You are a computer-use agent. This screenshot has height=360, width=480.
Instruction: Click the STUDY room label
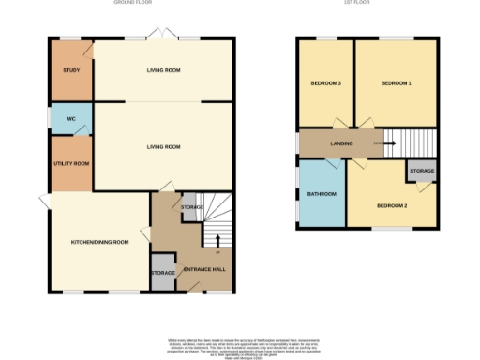(70, 71)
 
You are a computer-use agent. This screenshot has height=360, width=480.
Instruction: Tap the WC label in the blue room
(70, 119)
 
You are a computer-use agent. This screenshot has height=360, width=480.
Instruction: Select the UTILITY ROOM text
(70, 164)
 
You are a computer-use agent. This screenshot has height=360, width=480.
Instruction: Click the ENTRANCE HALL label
(202, 271)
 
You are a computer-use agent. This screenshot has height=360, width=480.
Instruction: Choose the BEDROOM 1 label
(396, 84)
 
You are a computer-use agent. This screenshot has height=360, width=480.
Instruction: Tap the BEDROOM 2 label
(391, 205)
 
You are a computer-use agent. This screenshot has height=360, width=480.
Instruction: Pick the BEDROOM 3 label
(325, 84)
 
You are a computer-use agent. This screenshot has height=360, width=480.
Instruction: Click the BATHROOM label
(321, 194)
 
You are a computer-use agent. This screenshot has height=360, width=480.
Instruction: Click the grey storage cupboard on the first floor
(421, 172)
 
